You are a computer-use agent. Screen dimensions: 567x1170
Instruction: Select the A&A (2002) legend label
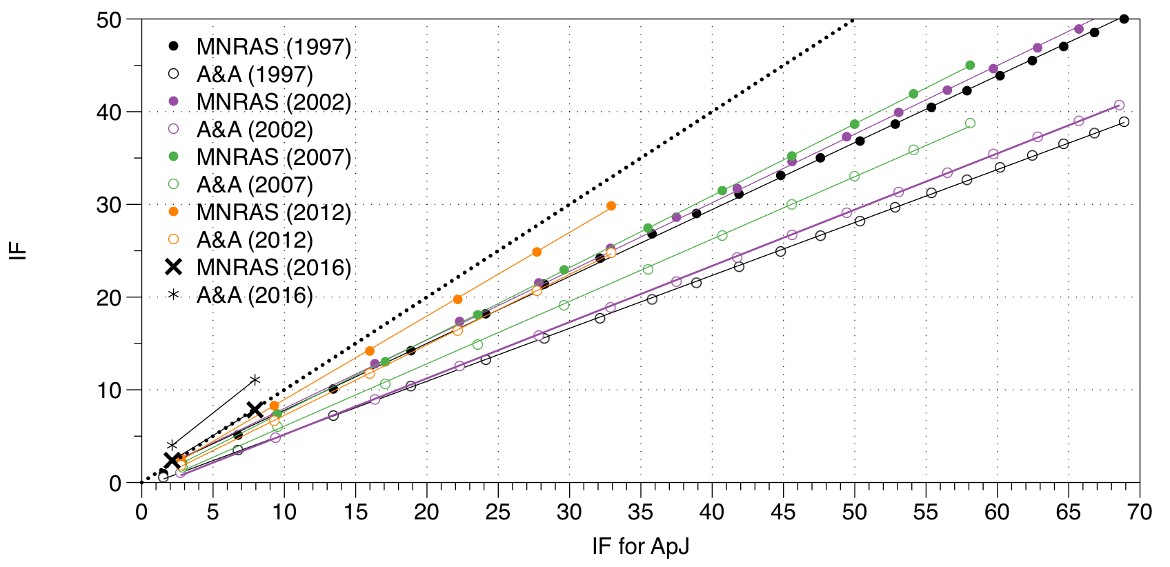(255, 130)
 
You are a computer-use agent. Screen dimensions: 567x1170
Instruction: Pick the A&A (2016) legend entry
(255, 295)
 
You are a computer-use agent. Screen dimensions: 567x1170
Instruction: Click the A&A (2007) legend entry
(255, 185)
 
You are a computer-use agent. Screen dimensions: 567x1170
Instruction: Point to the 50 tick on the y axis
(110, 20)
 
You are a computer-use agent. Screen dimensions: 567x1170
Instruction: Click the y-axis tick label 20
(110, 297)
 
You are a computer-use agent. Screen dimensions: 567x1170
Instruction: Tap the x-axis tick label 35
(640, 512)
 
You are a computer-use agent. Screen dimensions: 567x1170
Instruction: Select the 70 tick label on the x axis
(1139, 512)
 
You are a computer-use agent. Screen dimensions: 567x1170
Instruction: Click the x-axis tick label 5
(212, 512)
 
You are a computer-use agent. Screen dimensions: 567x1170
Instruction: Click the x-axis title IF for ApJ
(640, 546)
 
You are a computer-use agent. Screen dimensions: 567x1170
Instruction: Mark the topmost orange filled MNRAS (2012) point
(611, 206)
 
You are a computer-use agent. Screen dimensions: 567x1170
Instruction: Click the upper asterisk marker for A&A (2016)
(255, 380)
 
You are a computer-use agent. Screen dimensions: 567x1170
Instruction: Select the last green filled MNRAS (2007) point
(970, 65)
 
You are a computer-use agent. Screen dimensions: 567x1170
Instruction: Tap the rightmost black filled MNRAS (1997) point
(1124, 19)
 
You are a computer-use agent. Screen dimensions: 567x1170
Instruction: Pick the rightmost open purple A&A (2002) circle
(1119, 106)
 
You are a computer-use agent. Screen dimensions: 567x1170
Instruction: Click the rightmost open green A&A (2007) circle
(970, 123)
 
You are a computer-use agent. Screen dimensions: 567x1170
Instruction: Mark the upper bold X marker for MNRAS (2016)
(255, 410)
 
